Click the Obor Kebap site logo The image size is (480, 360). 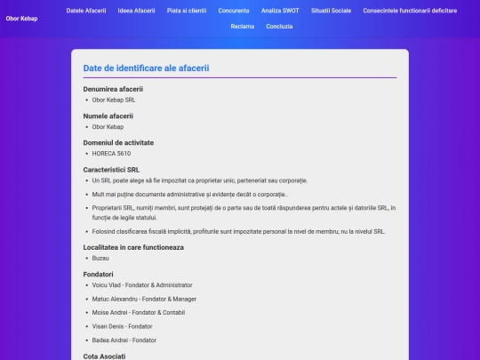click(x=21, y=19)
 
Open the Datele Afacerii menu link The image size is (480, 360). click(x=86, y=11)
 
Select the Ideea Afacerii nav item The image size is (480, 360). click(x=136, y=11)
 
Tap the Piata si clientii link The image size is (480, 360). click(x=187, y=11)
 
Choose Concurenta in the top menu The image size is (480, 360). click(x=234, y=11)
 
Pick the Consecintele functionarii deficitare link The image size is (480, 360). click(x=410, y=11)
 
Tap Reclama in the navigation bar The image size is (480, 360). click(x=243, y=27)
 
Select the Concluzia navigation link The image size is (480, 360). click(x=279, y=27)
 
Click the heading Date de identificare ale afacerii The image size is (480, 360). click(x=147, y=68)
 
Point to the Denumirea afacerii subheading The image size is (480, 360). click(x=113, y=89)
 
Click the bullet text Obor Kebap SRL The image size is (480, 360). click(x=114, y=100)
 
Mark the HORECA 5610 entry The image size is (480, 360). click(x=111, y=154)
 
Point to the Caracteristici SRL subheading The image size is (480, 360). click(x=111, y=169)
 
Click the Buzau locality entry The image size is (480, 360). click(x=101, y=258)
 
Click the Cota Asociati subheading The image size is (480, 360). click(x=104, y=356)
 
